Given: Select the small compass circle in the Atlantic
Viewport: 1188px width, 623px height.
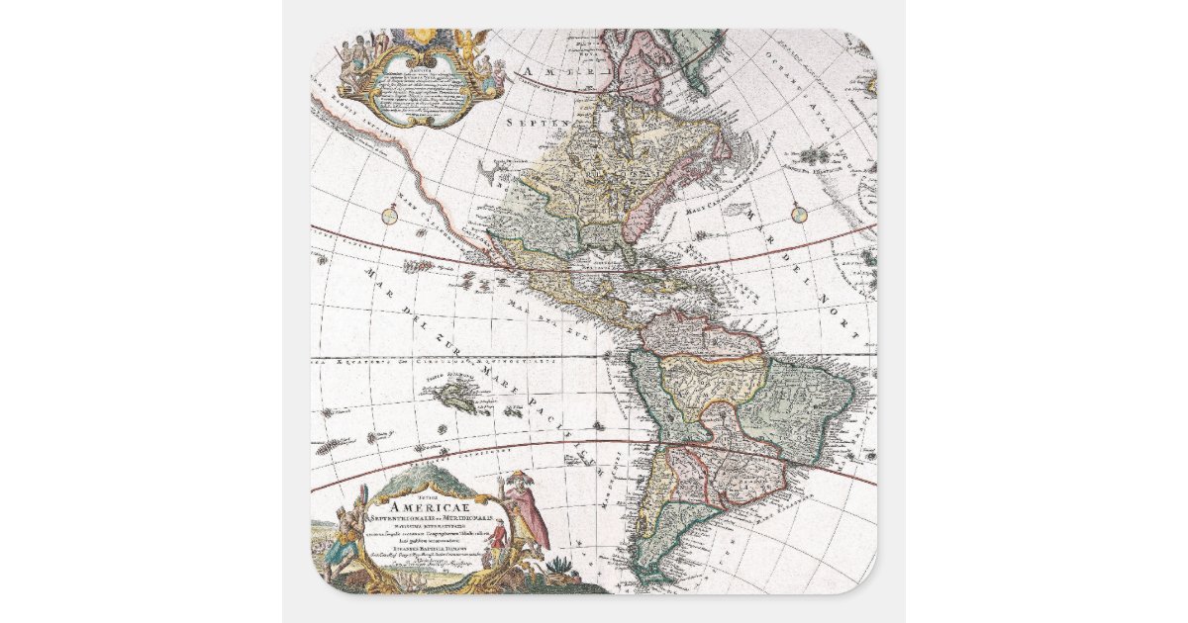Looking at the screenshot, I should click(x=800, y=212).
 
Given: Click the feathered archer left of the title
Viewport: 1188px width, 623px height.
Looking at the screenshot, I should click(x=343, y=534).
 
